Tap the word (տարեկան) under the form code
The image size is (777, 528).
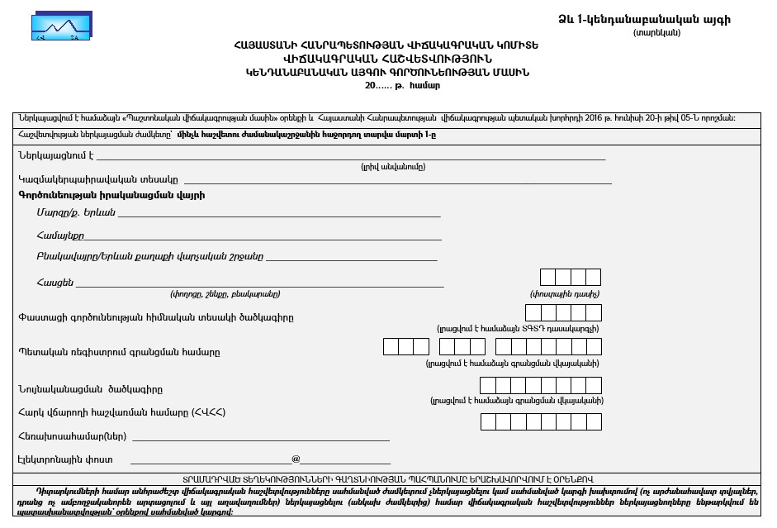point(657,32)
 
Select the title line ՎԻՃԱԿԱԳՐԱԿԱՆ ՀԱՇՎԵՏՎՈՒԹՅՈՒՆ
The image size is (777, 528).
point(387,59)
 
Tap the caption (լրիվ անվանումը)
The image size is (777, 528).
point(393,166)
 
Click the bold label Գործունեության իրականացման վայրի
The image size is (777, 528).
point(111,195)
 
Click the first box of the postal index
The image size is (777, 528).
point(547,277)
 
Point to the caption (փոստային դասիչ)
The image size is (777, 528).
point(565,293)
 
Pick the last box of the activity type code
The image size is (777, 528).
point(593,312)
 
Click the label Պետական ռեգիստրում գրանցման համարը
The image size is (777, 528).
point(119,352)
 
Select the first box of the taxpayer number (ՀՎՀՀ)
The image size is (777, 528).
point(488,421)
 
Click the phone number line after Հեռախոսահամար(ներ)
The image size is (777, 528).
point(261,437)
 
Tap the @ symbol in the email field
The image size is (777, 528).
point(296,459)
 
